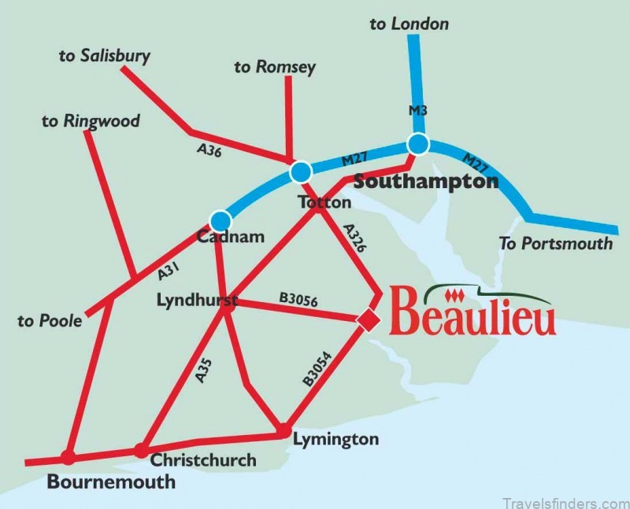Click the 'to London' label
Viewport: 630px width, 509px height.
[x=409, y=24]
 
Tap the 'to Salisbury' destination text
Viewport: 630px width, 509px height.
[x=104, y=56]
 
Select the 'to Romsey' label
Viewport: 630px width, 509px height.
[x=274, y=67]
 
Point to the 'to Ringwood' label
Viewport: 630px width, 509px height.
[x=91, y=121]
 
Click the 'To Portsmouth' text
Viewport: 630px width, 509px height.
[x=555, y=243]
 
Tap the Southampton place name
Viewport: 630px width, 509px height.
[x=426, y=182]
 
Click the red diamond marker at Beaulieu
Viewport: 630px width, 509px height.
[x=367, y=319]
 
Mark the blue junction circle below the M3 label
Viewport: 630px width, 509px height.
[x=417, y=145]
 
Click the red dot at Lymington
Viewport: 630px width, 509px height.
[x=282, y=430]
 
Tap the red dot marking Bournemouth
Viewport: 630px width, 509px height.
[x=69, y=457]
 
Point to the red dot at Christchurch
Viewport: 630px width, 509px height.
[x=140, y=451]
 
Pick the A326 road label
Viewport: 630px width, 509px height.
[x=355, y=237]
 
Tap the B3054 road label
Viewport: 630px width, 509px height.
[x=317, y=368]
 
